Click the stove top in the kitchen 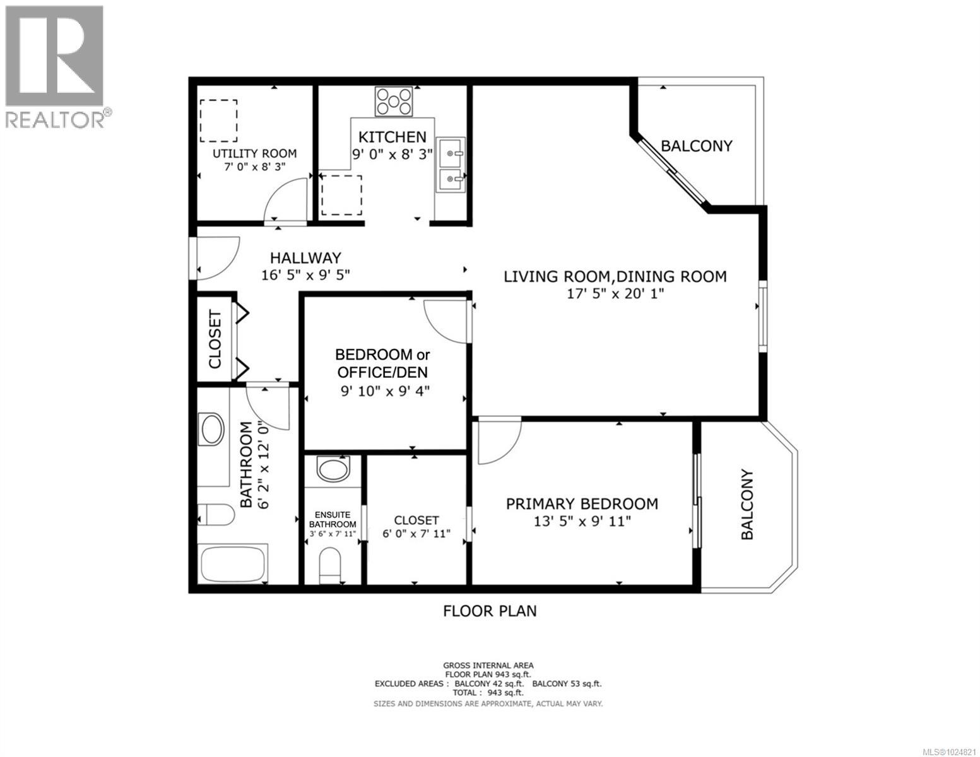pos(394,101)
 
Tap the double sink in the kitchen pos(450,165)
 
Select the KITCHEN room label pos(393,137)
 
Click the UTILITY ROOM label pos(254,153)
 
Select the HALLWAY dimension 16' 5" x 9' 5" pos(305,275)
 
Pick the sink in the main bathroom pos(211,430)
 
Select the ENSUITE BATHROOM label pos(333,520)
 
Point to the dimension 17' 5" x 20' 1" pos(615,293)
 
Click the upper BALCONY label pos(696,146)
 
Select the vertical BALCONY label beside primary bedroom pos(747,505)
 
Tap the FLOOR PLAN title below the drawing pos(490,611)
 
